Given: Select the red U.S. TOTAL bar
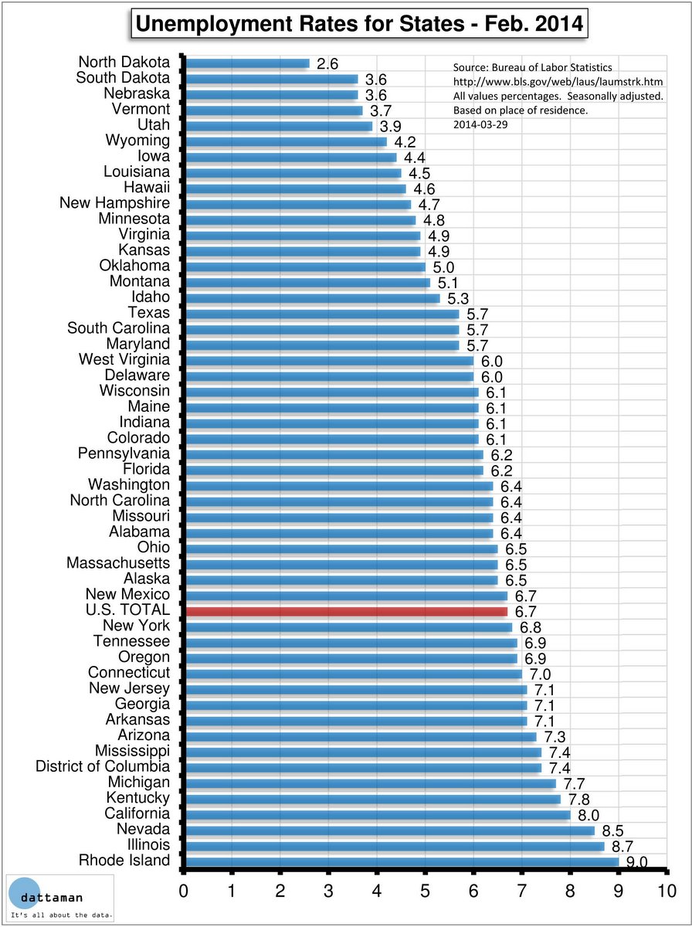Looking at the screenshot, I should coord(347,611).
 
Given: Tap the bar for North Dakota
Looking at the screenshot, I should coord(248,63).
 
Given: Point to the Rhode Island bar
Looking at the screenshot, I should coord(402,861).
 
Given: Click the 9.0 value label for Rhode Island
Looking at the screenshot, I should coord(636,863).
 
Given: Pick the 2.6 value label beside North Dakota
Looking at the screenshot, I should coord(327,64).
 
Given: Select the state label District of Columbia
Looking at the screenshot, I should coord(103,767).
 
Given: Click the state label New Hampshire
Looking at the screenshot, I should coord(115,203).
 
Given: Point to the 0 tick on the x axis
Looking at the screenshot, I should coord(184,889).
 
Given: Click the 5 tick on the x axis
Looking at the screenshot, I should coord(426,889).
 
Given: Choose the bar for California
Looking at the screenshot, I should coord(378,814).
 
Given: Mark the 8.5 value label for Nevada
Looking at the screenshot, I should coord(612,831).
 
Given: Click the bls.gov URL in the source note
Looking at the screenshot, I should coord(558,82).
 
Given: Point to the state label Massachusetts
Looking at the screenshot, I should coord(118,563).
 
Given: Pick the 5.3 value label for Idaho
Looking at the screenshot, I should coord(458,298).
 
